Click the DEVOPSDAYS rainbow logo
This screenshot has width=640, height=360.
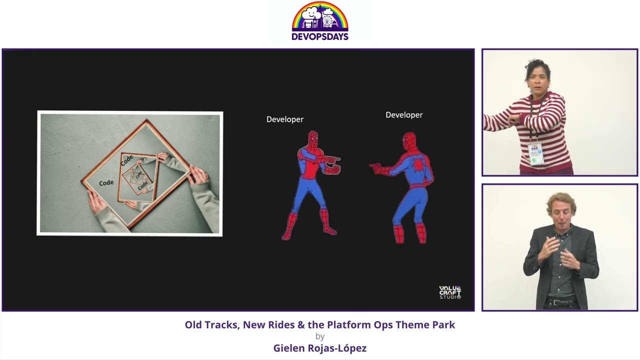(320, 21)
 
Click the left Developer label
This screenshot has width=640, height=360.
(284, 119)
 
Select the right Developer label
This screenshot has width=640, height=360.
(404, 115)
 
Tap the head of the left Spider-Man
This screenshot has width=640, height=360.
(313, 138)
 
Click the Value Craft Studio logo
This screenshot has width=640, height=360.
(450, 292)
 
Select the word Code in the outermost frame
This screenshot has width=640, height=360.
(106, 183)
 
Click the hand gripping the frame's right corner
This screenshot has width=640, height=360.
(197, 175)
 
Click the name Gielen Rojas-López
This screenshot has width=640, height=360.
(320, 348)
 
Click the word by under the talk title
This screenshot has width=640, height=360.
(320, 336)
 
